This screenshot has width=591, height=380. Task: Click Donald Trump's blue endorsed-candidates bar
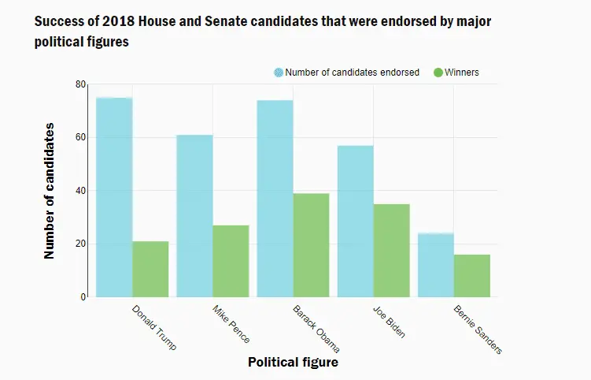click(114, 197)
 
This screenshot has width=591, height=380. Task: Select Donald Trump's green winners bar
click(150, 269)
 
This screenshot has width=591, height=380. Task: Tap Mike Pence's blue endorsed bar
click(194, 216)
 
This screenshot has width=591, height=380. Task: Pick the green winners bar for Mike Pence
click(231, 261)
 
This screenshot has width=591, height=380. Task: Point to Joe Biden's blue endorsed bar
click(355, 222)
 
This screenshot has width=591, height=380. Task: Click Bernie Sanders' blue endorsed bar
click(435, 265)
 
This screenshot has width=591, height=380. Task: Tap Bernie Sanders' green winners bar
click(471, 276)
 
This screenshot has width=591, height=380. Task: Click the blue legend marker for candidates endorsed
click(279, 73)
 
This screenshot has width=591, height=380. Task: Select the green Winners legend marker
click(438, 73)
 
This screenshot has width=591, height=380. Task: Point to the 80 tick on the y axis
click(81, 84)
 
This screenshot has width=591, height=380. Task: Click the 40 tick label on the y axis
click(81, 191)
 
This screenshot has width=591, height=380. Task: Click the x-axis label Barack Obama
click(316, 327)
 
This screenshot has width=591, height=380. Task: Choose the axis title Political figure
click(293, 362)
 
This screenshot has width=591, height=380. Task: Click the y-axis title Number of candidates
click(50, 190)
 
